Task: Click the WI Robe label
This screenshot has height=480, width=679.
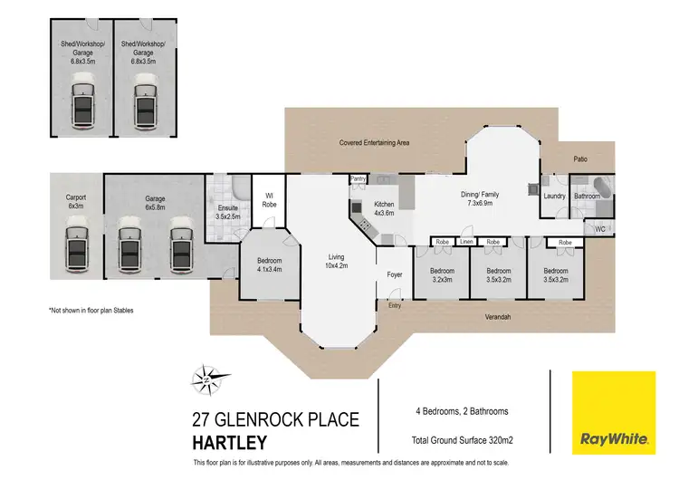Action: tap(269, 198)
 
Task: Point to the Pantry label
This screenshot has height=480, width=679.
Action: tap(358, 179)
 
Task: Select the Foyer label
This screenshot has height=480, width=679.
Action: tap(395, 274)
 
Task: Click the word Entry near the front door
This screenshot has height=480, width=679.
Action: tap(394, 306)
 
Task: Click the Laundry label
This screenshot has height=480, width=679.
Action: tap(554, 196)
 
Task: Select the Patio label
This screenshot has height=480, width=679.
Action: tap(579, 159)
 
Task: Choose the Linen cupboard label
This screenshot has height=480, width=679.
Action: tap(467, 243)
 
